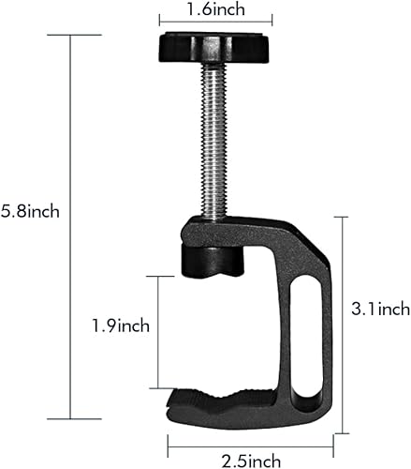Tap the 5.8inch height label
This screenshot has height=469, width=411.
pos(30,211)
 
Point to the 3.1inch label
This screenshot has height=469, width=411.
pos(378,308)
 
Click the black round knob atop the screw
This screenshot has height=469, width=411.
pos(215,43)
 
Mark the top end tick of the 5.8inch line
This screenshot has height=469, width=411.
pos(72,35)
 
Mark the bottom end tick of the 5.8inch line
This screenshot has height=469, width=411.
pos(72,418)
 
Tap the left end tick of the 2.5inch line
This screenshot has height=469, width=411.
pos(169,443)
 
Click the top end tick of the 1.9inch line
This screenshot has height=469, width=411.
pos(159,276)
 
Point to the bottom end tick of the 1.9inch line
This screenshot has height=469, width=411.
pos(159,387)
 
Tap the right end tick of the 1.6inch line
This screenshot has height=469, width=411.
pos(272,19)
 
